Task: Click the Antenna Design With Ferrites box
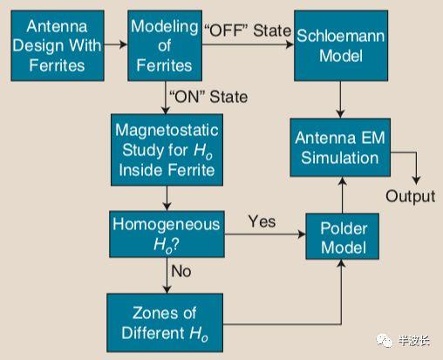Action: [58, 45]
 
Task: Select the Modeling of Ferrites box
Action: [165, 45]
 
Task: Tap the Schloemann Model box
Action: [341, 45]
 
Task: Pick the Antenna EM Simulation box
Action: [340, 147]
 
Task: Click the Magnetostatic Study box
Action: [167, 150]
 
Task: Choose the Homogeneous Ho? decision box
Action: [167, 234]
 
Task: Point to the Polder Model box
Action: [342, 236]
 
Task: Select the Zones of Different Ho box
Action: [165, 323]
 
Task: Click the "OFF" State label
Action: [248, 31]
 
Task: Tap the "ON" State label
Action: [208, 97]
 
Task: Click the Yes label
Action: [262, 221]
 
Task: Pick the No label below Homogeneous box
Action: [181, 271]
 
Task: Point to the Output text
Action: [411, 196]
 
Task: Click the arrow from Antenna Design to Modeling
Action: [116, 44]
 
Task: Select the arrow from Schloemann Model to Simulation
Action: [340, 99]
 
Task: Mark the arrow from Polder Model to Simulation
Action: [343, 195]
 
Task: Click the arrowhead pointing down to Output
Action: [417, 180]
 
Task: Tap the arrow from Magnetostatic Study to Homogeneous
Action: [167, 198]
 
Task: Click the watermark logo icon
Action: [385, 340]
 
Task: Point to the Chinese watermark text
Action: [414, 340]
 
